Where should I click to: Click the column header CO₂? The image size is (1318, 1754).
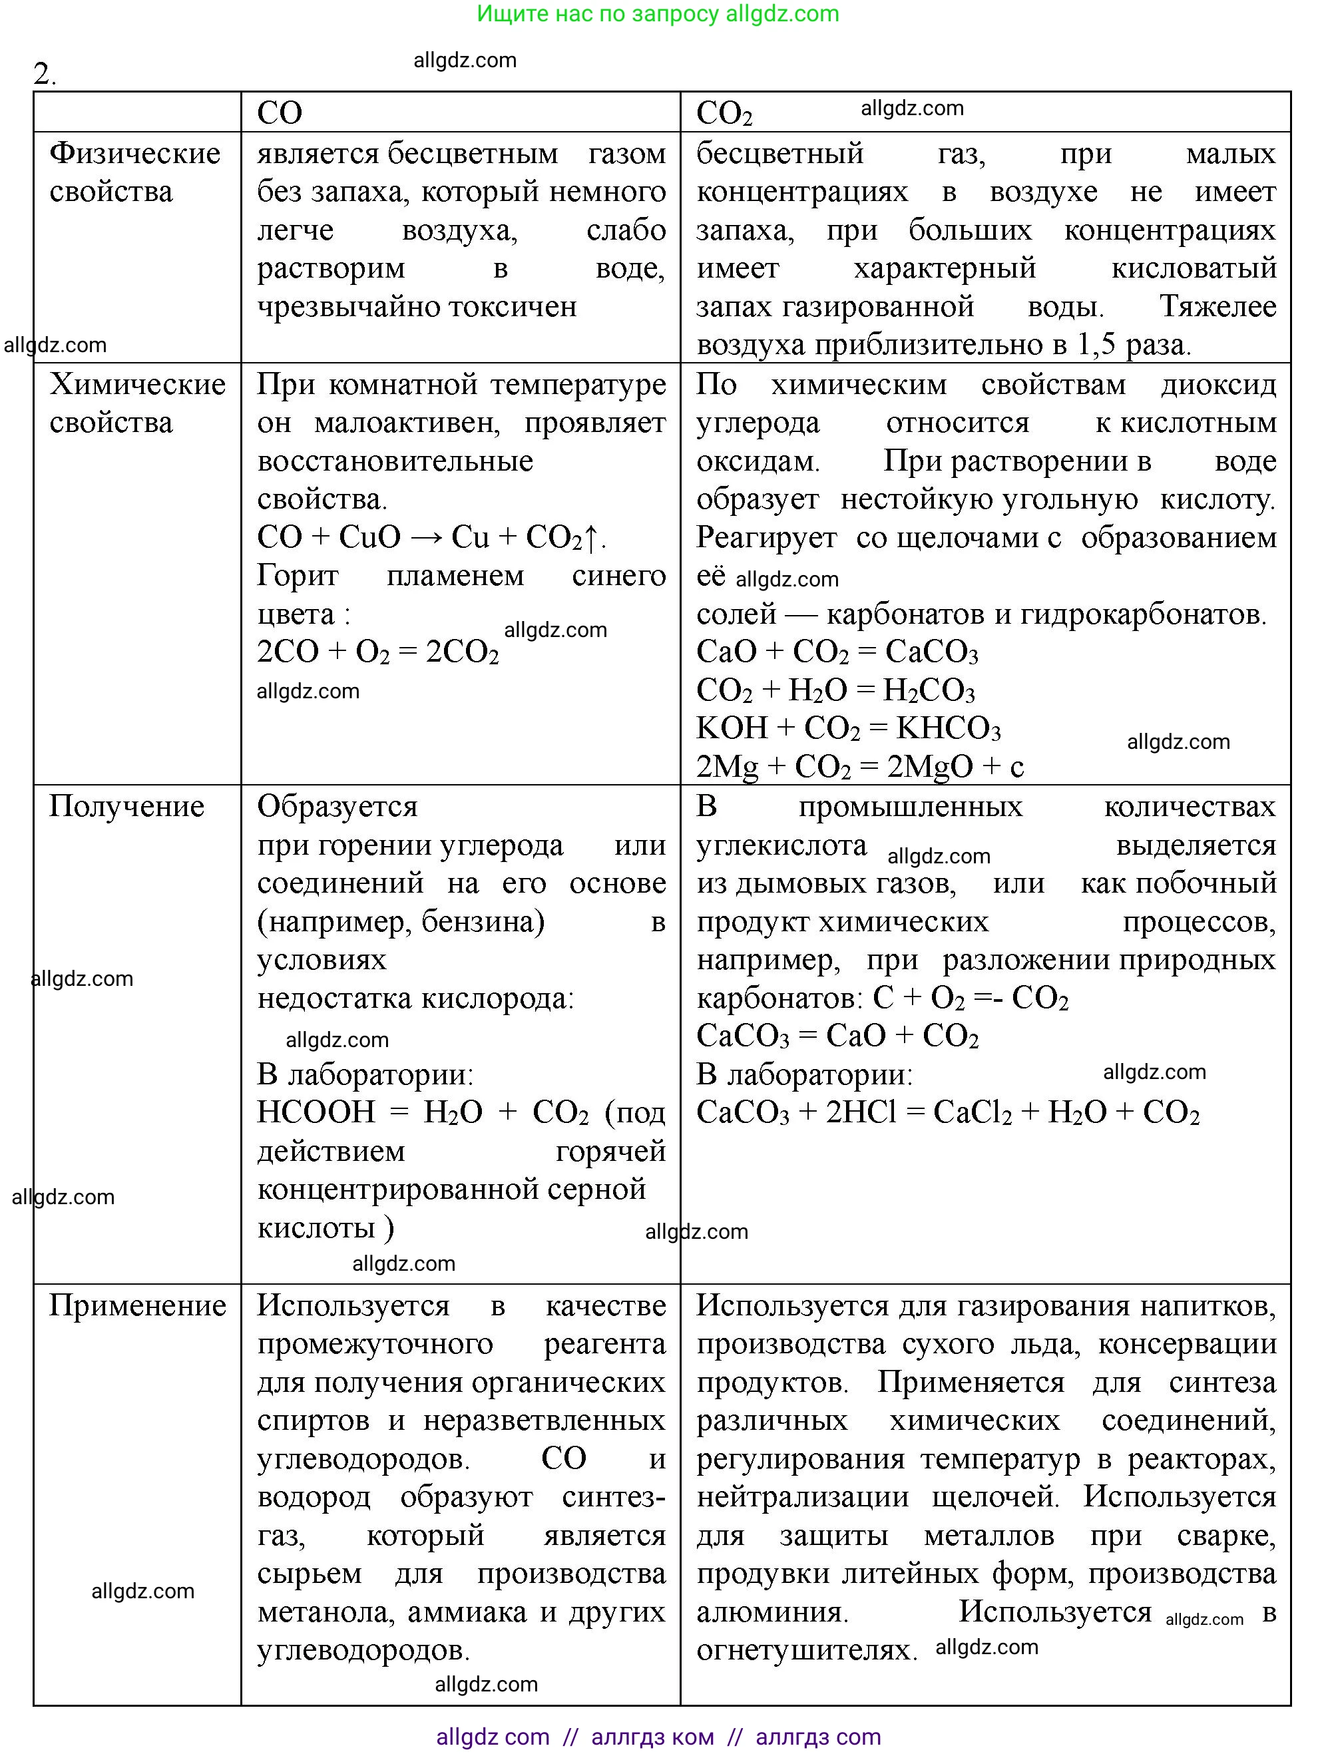coord(723,113)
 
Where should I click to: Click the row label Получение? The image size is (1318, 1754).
coord(127,806)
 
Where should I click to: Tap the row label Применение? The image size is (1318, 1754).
coord(137,1306)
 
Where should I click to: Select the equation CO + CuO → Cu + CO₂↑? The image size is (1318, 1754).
coord(431,538)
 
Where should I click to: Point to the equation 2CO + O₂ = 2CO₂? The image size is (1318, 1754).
coord(377,652)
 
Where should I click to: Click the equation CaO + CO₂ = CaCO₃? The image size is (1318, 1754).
coord(837,652)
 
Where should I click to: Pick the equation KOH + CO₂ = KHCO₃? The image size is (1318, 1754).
coord(848,728)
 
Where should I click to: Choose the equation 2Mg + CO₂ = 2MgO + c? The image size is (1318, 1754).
coord(859,767)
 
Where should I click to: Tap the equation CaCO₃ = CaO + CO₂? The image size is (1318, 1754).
coord(837,1036)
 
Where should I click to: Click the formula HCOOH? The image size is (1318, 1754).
coord(316,1112)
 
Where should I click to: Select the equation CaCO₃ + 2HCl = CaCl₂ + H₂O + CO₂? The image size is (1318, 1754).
coord(948,1112)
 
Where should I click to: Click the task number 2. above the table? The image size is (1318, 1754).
coord(45,74)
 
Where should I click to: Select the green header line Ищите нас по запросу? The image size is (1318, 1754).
coord(658,13)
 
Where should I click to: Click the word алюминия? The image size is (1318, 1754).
coord(771,1612)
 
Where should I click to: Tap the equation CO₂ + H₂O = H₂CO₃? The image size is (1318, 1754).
coord(835,690)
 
